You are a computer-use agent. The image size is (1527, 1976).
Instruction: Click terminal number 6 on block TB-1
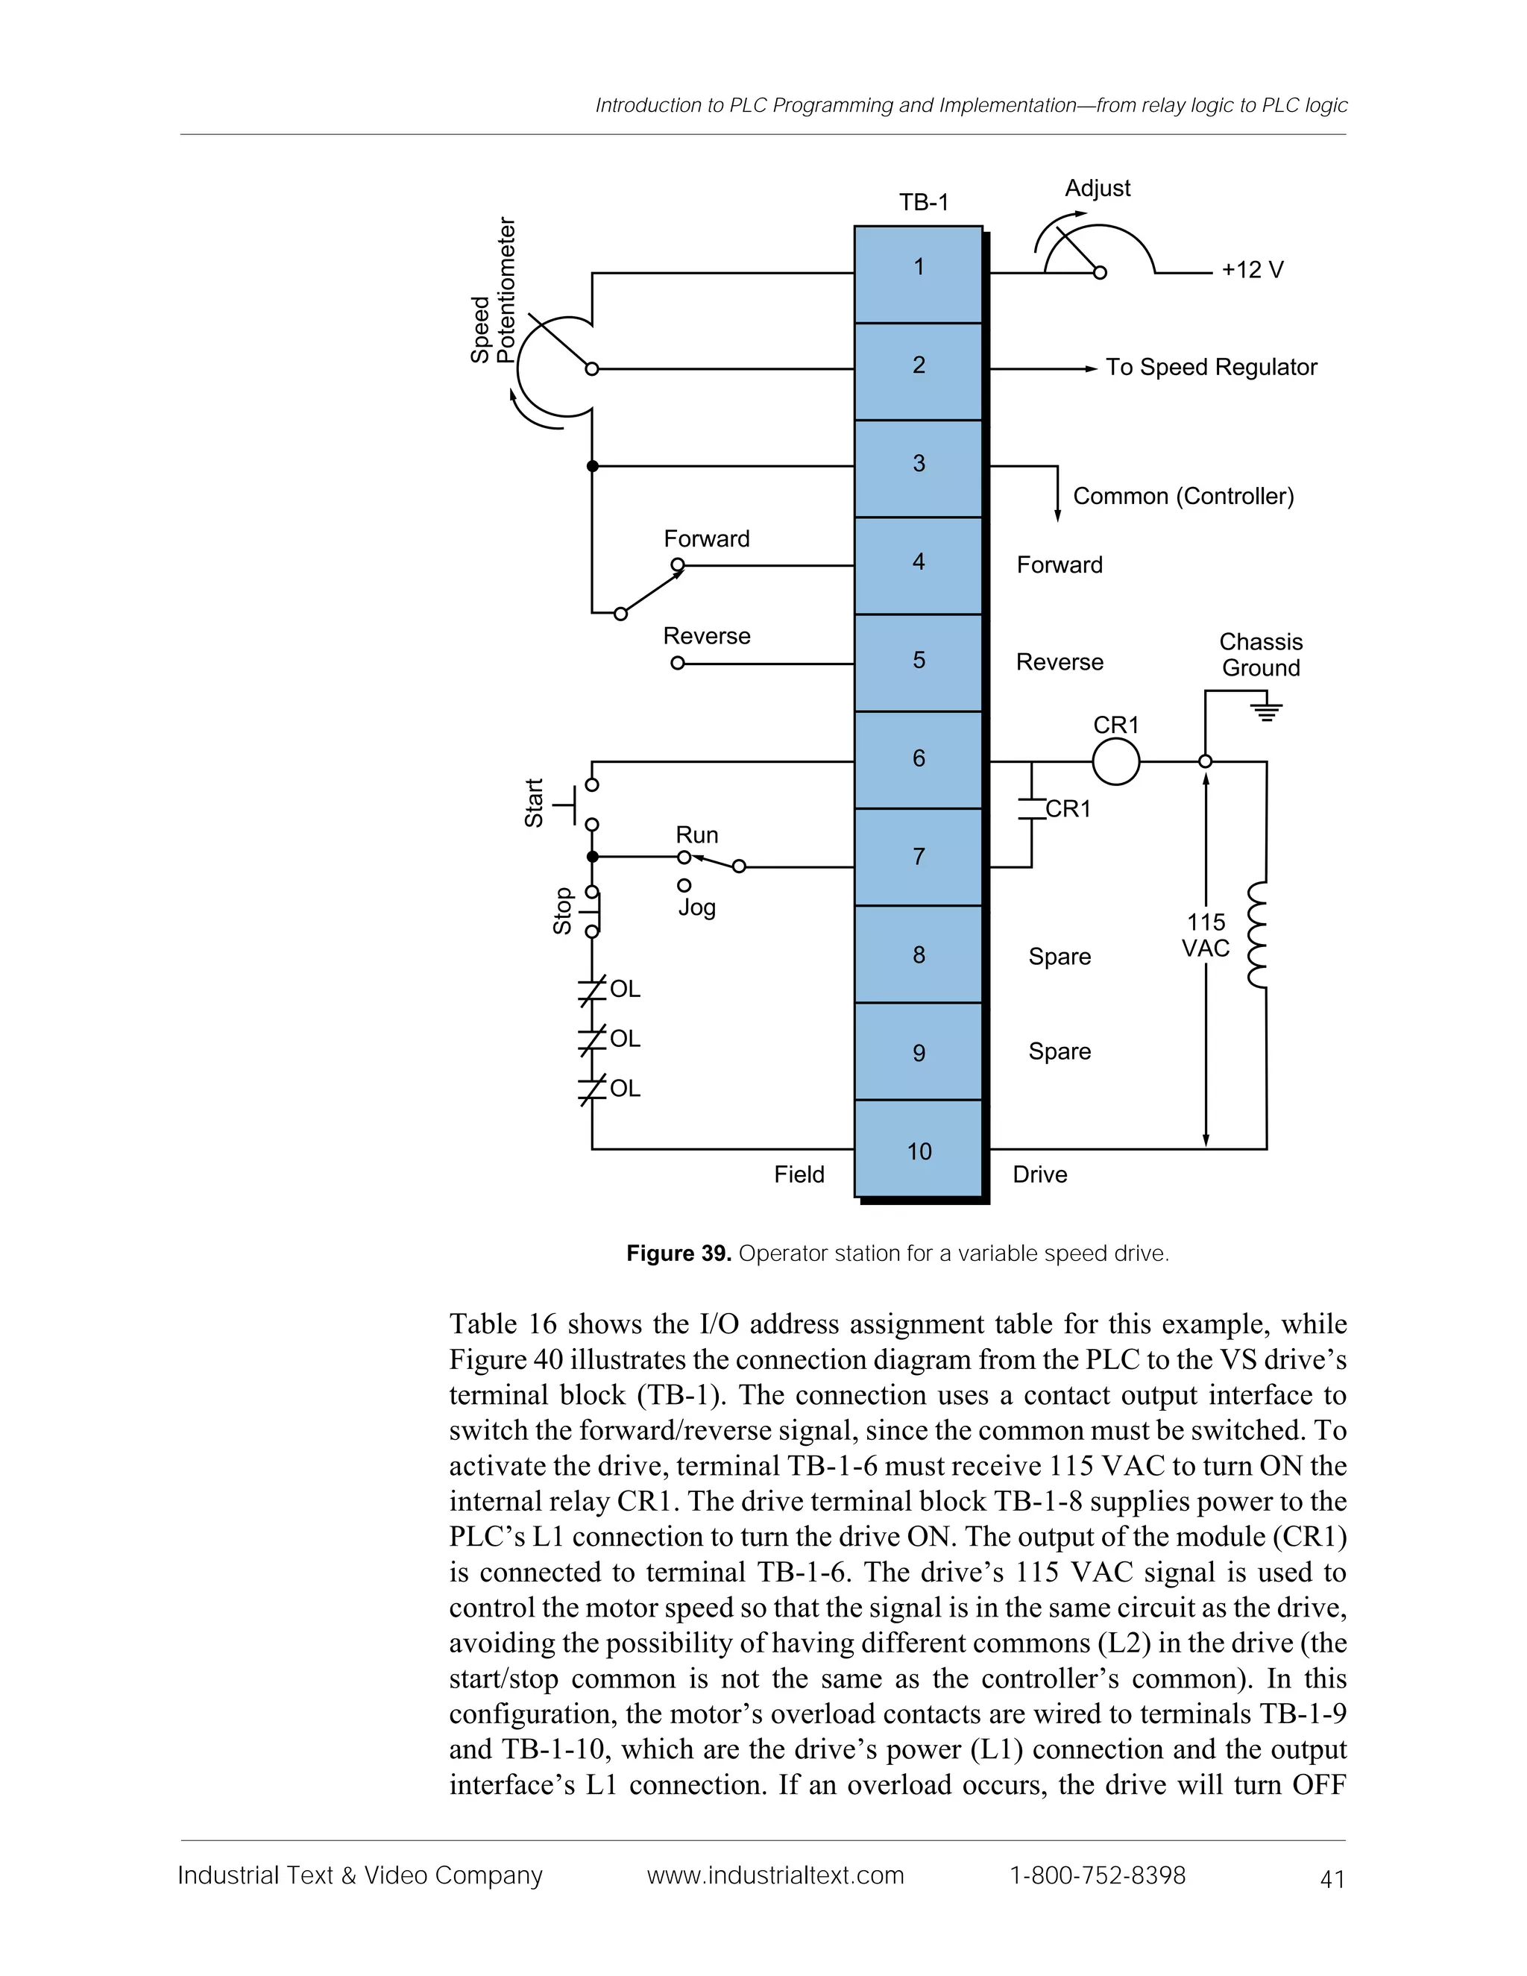[918, 758]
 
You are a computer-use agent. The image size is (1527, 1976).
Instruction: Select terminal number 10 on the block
[918, 1151]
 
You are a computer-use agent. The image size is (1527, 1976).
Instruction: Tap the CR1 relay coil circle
[1115, 762]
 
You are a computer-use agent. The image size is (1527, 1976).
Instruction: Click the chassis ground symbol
[1267, 710]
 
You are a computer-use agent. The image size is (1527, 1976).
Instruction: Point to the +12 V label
[1252, 271]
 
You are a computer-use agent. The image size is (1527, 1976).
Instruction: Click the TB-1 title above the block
[924, 203]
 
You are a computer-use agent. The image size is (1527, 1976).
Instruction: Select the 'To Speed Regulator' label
[1210, 368]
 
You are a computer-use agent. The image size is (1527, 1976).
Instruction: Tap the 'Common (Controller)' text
[1183, 496]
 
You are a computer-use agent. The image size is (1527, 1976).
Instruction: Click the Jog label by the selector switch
[696, 907]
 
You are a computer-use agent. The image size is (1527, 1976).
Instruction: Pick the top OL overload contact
[594, 989]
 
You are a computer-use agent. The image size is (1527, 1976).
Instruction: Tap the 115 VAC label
[1206, 936]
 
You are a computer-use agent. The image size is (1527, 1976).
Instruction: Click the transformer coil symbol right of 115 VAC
[1257, 936]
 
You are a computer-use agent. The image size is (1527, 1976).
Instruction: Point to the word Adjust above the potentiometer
[1096, 188]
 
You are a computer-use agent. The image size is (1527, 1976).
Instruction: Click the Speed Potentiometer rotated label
[493, 290]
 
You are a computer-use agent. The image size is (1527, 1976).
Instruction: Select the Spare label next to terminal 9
[1059, 1051]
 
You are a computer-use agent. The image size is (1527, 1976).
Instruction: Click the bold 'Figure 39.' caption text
[679, 1253]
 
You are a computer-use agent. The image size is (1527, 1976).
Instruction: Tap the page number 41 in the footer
[1332, 1880]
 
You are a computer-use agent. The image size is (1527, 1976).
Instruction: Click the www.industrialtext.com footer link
[775, 1875]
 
